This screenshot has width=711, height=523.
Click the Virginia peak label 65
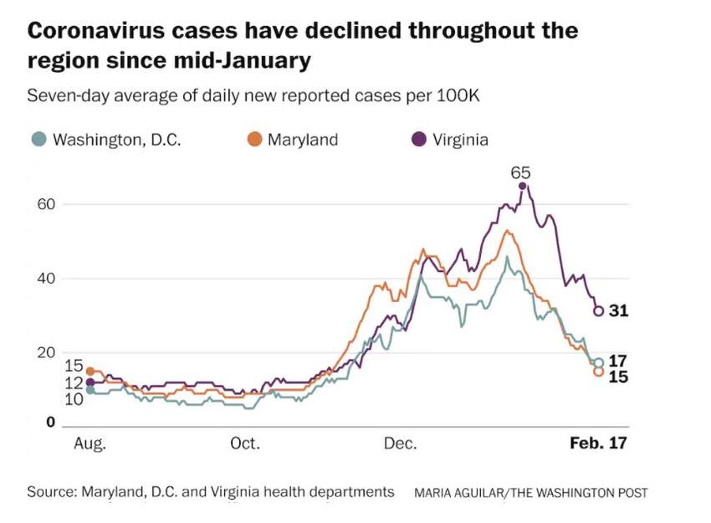(x=522, y=173)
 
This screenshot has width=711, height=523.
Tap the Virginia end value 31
(x=618, y=311)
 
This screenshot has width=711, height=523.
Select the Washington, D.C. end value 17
(x=618, y=361)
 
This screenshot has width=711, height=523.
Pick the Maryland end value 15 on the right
(x=618, y=377)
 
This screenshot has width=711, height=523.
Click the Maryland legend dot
(x=256, y=140)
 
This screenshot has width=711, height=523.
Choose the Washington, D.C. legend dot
(x=38, y=140)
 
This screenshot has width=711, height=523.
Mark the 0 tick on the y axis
(x=50, y=423)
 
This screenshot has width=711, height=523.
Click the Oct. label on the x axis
(x=245, y=444)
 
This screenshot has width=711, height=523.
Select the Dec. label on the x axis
(x=401, y=444)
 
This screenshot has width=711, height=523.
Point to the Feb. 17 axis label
(x=598, y=444)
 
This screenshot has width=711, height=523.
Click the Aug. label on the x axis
(x=90, y=444)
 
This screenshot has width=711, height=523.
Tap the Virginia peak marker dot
(x=522, y=186)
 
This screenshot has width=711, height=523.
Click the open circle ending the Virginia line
(x=598, y=311)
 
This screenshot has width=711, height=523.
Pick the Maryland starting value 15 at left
(x=74, y=366)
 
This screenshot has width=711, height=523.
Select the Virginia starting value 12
(x=74, y=382)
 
